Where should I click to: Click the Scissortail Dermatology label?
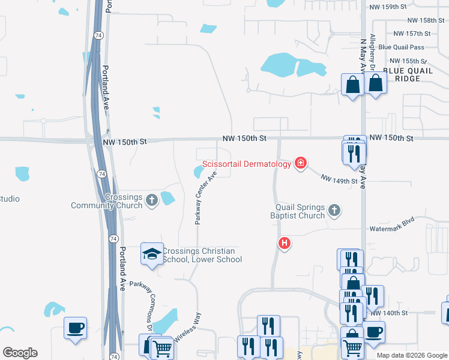[x=246, y=163]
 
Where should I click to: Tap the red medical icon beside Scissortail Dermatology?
[x=300, y=163]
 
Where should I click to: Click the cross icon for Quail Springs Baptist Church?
[x=334, y=211]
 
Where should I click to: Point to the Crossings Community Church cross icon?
[x=151, y=200]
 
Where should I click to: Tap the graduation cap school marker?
[x=151, y=254]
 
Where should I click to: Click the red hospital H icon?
[x=285, y=244]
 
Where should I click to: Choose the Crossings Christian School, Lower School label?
[x=202, y=255]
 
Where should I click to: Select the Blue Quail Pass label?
[x=402, y=47]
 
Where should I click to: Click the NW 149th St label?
[x=339, y=179]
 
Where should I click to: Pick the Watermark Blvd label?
[x=392, y=229]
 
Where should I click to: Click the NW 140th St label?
[x=389, y=313]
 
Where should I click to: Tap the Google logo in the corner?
[x=20, y=353]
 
